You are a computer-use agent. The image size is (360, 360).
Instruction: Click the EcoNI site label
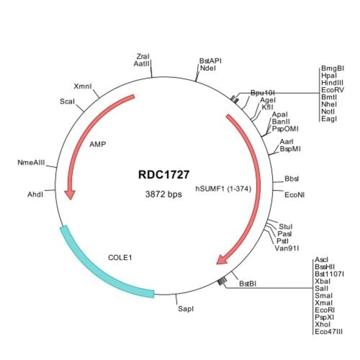point(293,195)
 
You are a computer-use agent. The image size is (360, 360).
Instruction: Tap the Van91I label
point(287,248)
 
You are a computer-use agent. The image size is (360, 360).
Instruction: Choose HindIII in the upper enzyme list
point(332,83)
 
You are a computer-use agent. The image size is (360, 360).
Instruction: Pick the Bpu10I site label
point(260,92)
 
